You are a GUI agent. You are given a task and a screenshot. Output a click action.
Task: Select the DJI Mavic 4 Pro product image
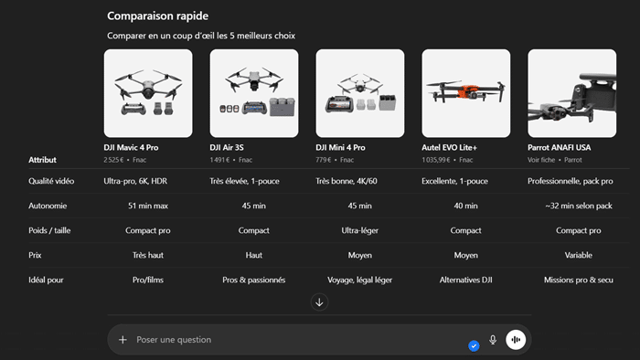pyautogui.click(x=148, y=92)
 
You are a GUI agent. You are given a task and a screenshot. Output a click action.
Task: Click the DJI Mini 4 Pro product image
pyautogui.click(x=359, y=92)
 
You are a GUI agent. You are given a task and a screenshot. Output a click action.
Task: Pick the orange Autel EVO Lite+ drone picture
pyautogui.click(x=465, y=92)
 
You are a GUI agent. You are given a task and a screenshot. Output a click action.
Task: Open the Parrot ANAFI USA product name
pyautogui.click(x=559, y=147)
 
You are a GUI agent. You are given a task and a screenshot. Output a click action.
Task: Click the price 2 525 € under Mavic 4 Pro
pyautogui.click(x=114, y=160)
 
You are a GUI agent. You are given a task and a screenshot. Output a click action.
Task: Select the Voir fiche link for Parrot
pyautogui.click(x=539, y=160)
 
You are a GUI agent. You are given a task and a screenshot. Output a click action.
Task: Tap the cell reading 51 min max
pyautogui.click(x=148, y=206)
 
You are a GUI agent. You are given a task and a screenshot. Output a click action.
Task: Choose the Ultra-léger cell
pyautogui.click(x=359, y=230)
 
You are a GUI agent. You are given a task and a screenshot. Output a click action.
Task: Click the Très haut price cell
pyautogui.click(x=148, y=255)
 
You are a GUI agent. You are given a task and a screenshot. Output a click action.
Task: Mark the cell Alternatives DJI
pyautogui.click(x=466, y=280)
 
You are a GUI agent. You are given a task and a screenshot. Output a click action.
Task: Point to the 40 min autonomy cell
pyautogui.click(x=466, y=206)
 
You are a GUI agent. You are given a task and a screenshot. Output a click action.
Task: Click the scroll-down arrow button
pyautogui.click(x=319, y=302)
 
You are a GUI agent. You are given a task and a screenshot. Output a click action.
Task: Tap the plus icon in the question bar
pyautogui.click(x=123, y=340)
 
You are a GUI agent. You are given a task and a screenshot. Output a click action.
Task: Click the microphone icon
pyautogui.click(x=493, y=340)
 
